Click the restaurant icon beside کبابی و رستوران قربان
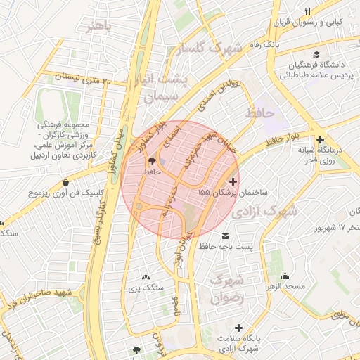pyautogui.click(x=307, y=9)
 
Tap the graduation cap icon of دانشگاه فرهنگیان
pyautogui.click(x=316, y=54)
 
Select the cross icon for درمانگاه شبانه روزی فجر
pyautogui.click(x=321, y=139)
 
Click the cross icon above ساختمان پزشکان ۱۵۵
pyautogui.click(x=233, y=181)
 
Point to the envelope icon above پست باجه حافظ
pyautogui.click(x=225, y=236)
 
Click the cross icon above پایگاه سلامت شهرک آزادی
pyautogui.click(x=239, y=328)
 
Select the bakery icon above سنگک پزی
pyautogui.click(x=146, y=278)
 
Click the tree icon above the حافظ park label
pyautogui.click(x=152, y=161)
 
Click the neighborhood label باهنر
pyautogui.click(x=97, y=27)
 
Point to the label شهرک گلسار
pyautogui.click(x=212, y=49)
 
